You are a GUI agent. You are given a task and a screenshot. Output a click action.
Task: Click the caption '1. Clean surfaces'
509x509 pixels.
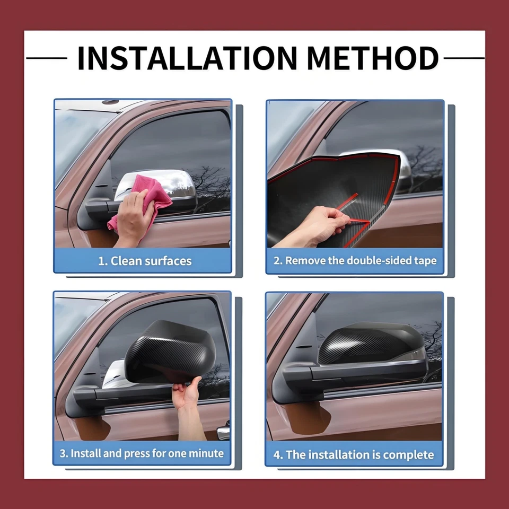point(145,261)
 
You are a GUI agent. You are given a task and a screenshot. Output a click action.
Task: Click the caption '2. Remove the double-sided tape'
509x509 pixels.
point(355,261)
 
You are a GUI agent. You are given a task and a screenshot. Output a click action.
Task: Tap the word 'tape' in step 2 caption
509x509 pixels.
point(424,261)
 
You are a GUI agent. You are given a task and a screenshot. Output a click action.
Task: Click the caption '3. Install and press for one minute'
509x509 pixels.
point(142,453)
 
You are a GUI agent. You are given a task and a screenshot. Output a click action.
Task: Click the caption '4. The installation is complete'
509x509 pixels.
point(354,455)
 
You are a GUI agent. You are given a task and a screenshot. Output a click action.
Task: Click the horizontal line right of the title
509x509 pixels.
point(464,58)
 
